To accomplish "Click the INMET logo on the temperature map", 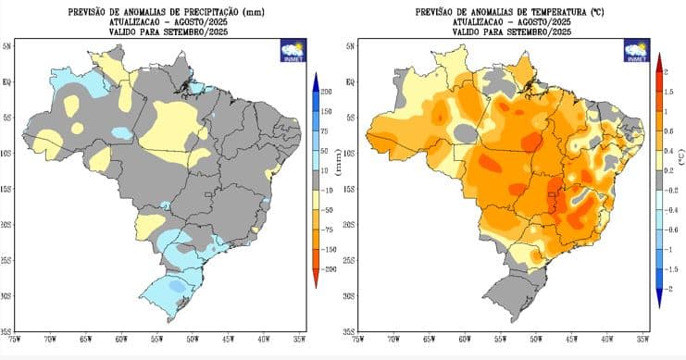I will click(x=636, y=50).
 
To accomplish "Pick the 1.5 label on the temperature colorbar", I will click(x=669, y=91).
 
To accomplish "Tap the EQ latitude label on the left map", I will click(x=6, y=81).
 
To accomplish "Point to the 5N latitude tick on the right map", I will click(x=349, y=45).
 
